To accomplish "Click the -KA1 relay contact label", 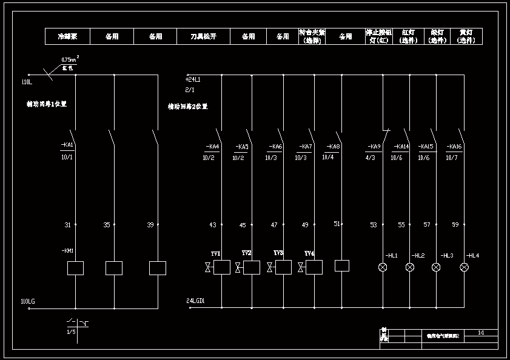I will [67, 145].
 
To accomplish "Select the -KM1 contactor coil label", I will [67, 250].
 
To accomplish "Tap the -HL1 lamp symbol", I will [383, 267].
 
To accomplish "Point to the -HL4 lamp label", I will [472, 256].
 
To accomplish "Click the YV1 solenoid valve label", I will [215, 253].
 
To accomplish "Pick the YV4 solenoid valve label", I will [309, 253].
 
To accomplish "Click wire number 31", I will [68, 225].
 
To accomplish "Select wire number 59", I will [455, 225].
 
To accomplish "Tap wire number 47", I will [274, 225].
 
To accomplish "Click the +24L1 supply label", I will [193, 79].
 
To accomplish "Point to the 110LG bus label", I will [28, 301].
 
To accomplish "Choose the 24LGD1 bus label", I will [195, 301].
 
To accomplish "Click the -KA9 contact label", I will [374, 147].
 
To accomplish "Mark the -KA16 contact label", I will [454, 147].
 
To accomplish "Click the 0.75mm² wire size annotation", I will [70, 59].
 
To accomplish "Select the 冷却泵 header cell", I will [67, 36].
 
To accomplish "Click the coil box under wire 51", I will [342, 265].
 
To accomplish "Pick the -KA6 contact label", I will [275, 147].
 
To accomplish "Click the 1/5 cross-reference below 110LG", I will [71, 332].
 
